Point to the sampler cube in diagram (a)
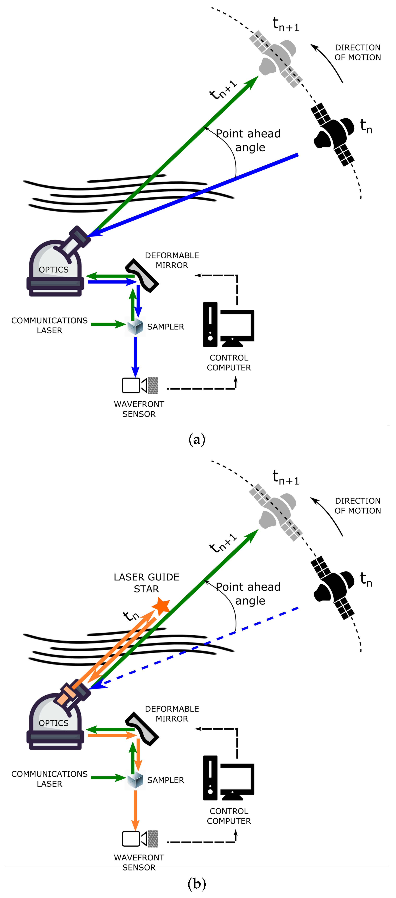click(135, 326)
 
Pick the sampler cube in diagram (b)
click(135, 780)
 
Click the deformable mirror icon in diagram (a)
click(142, 275)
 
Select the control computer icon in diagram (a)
click(228, 324)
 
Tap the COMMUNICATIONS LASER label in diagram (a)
click(49, 325)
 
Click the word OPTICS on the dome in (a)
click(54, 269)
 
